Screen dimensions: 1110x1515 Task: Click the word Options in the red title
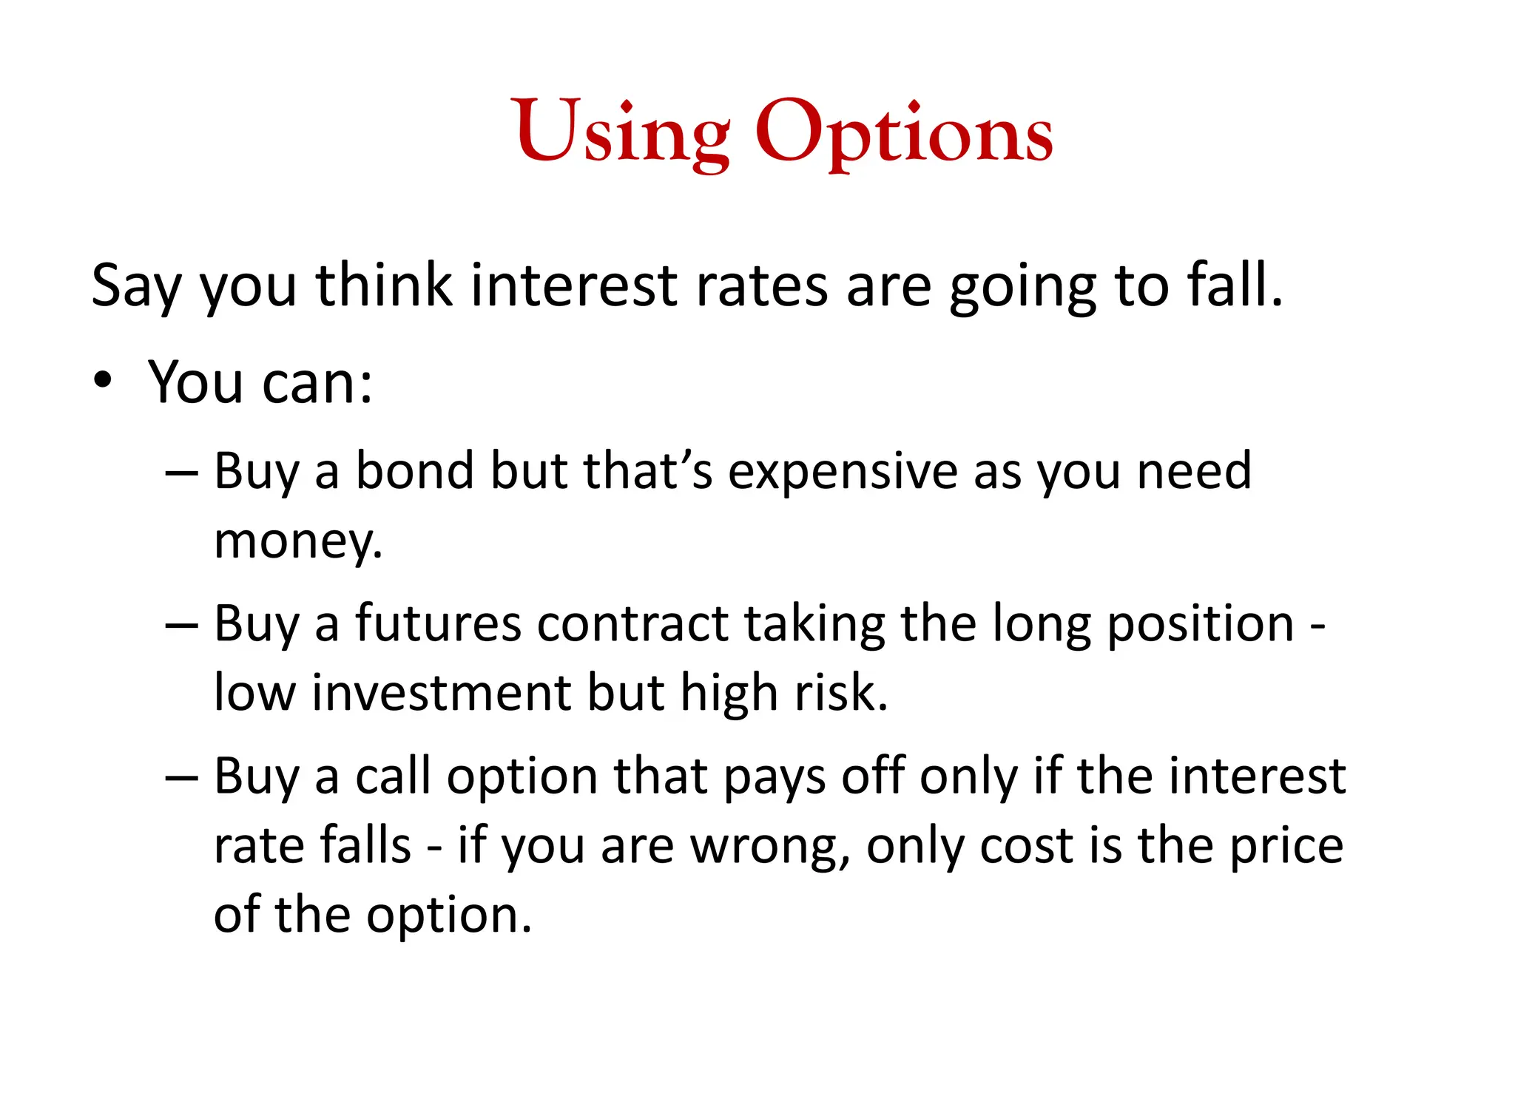903,133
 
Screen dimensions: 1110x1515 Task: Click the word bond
414,471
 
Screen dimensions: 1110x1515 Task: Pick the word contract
632,623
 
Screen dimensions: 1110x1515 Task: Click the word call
393,776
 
